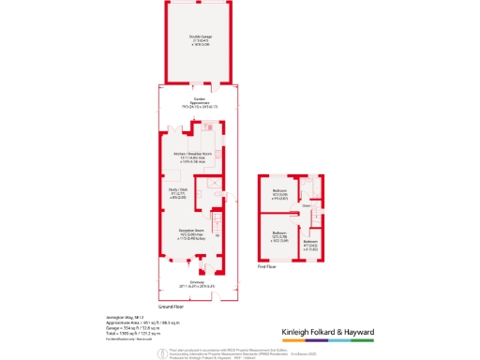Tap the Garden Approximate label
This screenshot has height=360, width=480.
tap(199, 103)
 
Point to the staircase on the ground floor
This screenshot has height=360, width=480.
tap(217, 225)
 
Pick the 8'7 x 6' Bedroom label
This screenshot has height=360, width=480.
tap(310, 247)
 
